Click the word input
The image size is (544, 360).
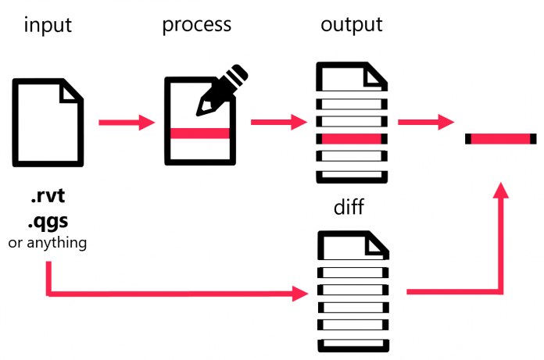click(x=48, y=25)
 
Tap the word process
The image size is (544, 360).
click(x=196, y=25)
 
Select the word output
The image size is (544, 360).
click(x=351, y=25)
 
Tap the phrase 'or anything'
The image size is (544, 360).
click(x=47, y=243)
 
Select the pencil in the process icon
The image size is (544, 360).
click(x=222, y=90)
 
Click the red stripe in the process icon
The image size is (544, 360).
click(x=200, y=134)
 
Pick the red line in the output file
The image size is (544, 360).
click(x=351, y=139)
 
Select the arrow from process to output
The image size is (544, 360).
click(x=279, y=123)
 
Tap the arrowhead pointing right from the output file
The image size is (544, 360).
click(x=446, y=122)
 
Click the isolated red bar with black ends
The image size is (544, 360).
click(x=501, y=139)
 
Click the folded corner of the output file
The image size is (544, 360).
click(x=378, y=75)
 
